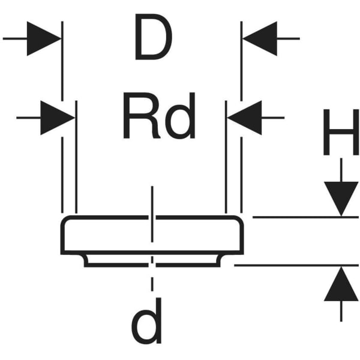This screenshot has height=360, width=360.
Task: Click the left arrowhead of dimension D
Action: (44, 38)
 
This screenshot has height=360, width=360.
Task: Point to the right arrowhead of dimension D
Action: (259, 38)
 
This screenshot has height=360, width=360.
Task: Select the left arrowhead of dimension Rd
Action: (58, 118)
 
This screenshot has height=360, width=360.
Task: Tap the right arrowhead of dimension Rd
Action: (246, 118)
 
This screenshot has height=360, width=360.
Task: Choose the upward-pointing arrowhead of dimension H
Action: (341, 284)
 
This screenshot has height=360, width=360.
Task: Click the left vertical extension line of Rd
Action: (76, 162)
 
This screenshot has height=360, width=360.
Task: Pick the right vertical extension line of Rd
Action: (226, 162)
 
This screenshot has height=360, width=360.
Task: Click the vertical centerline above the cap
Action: (152, 201)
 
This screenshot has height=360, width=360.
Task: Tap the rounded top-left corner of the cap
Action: (65, 221)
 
